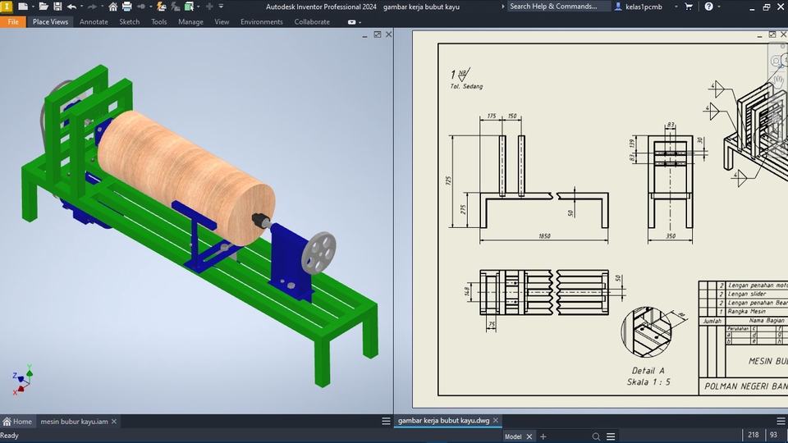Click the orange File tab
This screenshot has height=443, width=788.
click(x=13, y=22)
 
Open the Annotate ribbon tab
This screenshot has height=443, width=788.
click(x=94, y=22)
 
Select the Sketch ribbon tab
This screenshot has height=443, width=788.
click(x=130, y=22)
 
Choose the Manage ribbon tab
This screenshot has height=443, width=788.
click(x=190, y=22)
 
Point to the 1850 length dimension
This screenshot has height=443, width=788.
click(x=543, y=237)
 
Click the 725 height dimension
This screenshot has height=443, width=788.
click(x=449, y=180)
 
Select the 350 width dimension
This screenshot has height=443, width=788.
click(x=670, y=237)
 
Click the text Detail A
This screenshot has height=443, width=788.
click(x=643, y=371)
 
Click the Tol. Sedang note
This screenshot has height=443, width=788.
click(x=466, y=86)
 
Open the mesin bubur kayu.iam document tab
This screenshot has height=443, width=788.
click(x=74, y=422)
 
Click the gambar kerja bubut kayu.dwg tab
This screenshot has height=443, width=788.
click(x=443, y=421)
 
